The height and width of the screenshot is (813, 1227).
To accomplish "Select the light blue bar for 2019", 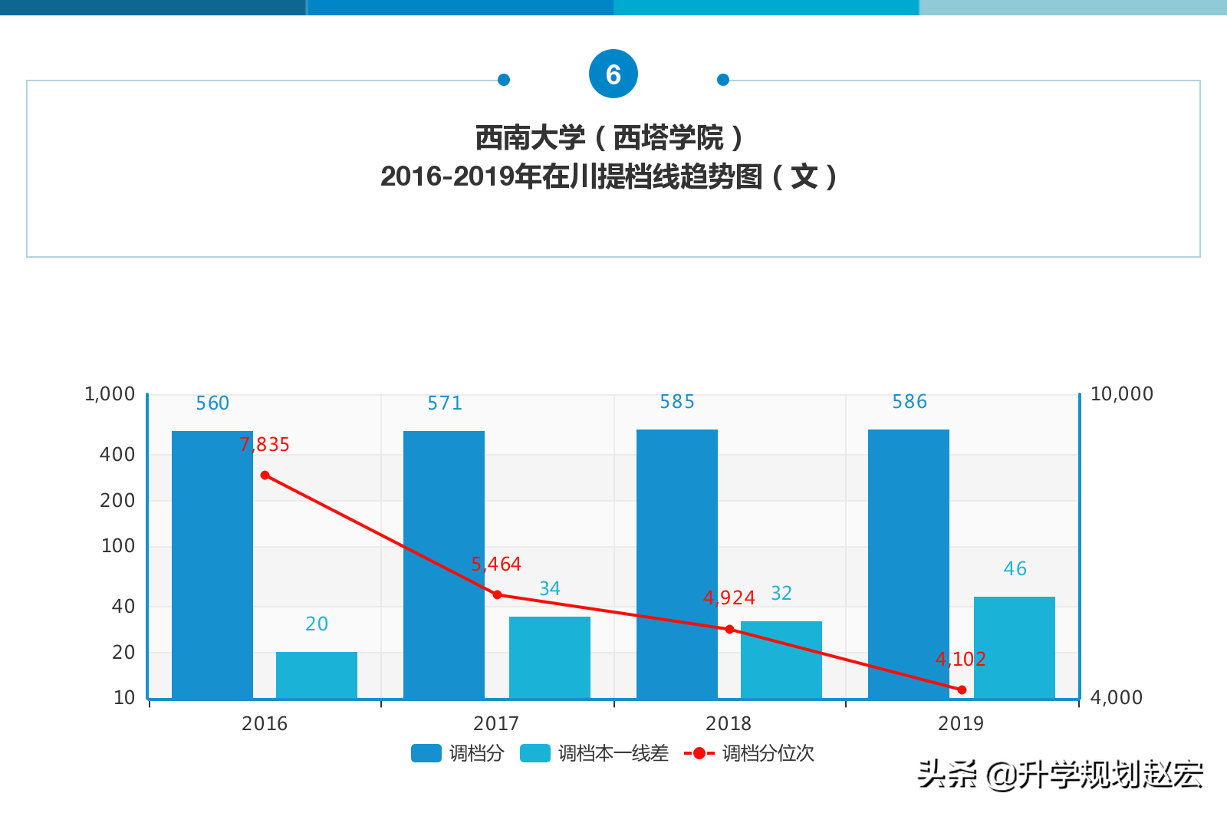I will tap(1014, 647).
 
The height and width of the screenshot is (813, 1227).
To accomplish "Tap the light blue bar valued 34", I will tap(549, 657).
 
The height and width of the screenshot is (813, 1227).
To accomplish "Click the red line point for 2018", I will tap(729, 629).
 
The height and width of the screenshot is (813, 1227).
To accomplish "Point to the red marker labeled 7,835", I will tap(265, 476).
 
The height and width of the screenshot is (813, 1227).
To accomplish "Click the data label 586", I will tap(909, 402).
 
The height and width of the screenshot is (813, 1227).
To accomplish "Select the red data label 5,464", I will tap(496, 564).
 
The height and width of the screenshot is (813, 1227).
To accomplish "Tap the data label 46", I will tap(1015, 569).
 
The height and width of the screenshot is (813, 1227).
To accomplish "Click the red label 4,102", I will tap(960, 659).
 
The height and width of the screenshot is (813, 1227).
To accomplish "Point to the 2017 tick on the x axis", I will tap(496, 723).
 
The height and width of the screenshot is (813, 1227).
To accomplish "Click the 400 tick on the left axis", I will tap(117, 455).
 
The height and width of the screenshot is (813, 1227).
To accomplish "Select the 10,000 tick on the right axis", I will tap(1121, 394).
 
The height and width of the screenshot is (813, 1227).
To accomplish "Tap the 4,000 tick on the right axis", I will tap(1116, 697).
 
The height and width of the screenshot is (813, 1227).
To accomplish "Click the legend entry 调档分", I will tap(458, 753).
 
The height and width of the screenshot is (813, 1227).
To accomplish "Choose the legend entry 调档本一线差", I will tap(594, 753).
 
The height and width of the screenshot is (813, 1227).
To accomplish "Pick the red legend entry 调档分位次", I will tap(749, 753).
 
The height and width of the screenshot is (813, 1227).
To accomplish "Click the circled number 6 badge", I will tap(613, 74).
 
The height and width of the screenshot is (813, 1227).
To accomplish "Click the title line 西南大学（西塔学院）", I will tap(610, 138).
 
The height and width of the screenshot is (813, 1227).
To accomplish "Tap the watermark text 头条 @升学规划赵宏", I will tap(1060, 775).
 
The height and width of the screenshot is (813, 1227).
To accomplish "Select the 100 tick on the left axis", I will tap(118, 546).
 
